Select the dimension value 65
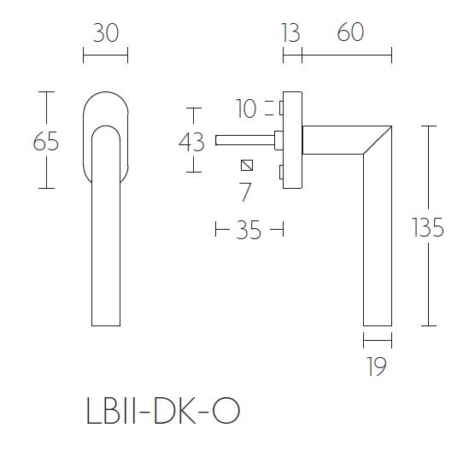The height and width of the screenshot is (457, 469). (x=46, y=141)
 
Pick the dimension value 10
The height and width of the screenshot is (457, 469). (x=246, y=108)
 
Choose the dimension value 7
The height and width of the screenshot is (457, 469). (x=245, y=192)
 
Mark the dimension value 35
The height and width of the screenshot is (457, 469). (x=248, y=230)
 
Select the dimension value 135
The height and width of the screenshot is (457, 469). (x=427, y=227)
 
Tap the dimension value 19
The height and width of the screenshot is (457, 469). (x=377, y=367)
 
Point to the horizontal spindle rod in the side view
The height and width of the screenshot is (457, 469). (x=244, y=138)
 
